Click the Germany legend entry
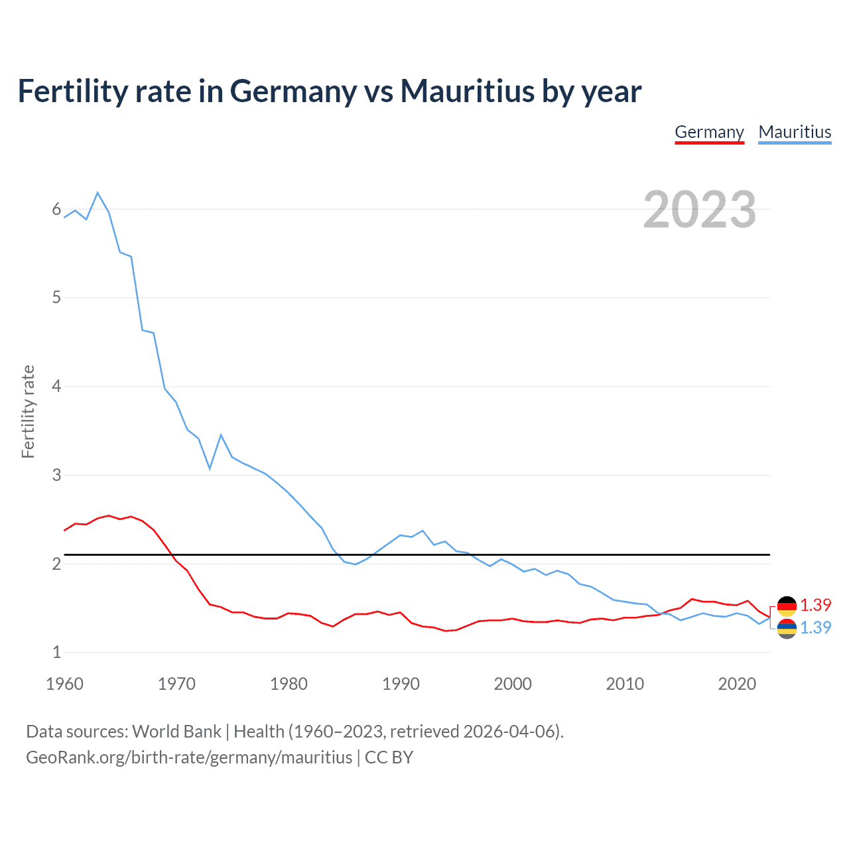pos(709,132)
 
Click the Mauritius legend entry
pos(795,132)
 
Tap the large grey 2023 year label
pos(699,210)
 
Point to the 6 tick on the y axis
pos(56,210)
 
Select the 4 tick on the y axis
pos(56,386)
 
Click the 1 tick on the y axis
pos(56,652)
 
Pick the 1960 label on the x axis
pos(64,684)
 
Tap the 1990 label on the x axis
pos(401,684)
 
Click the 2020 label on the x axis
pos(737,684)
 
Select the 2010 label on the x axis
pos(625,684)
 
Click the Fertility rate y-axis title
pos(28,411)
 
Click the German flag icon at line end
pos(787,606)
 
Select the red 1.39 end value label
pos(815,605)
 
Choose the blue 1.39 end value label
pos(815,627)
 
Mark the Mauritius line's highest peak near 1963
pos(98,192)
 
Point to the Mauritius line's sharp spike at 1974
pos(221,435)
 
